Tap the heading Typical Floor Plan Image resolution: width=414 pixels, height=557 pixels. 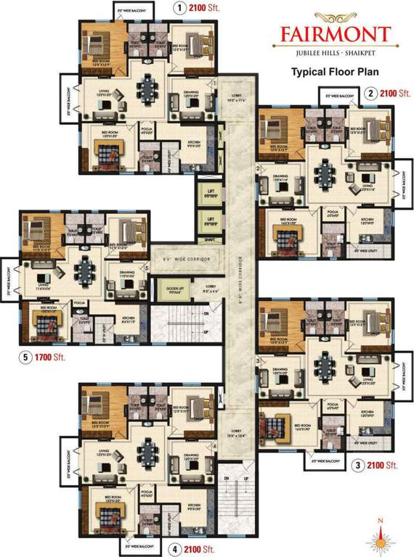(x=332, y=72)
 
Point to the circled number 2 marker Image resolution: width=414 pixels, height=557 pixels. (x=371, y=93)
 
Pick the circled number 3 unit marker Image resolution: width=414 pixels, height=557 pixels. (x=357, y=464)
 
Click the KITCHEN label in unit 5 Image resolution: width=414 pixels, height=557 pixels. (x=129, y=318)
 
